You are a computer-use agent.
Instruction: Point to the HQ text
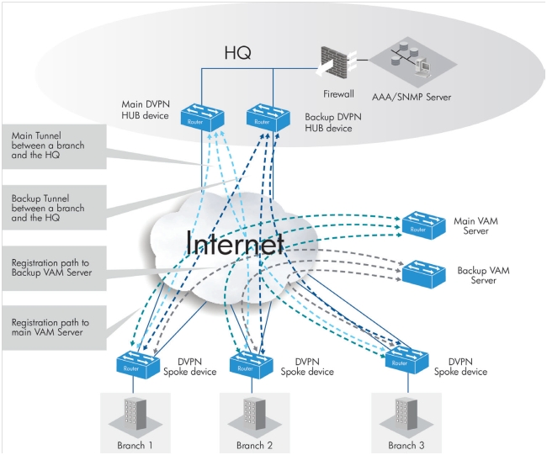239,53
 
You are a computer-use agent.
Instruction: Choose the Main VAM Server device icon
423,224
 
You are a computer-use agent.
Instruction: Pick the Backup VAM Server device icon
423,272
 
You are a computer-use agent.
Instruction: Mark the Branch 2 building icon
249,415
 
